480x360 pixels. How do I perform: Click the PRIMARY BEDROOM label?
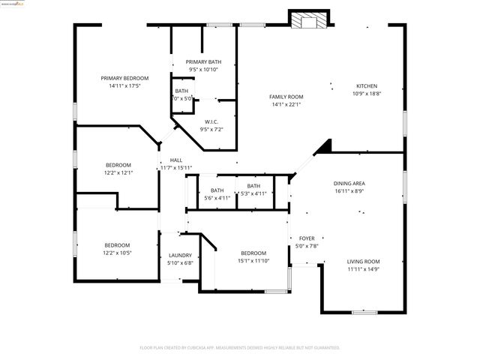coord(125,78)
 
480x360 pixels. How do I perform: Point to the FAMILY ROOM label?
coord(286,97)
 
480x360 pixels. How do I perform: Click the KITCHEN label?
coord(367,86)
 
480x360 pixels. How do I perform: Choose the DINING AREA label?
coord(349,183)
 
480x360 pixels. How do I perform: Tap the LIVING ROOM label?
coord(363,261)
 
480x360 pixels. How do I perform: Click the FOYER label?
coord(307,238)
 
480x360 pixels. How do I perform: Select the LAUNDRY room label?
coord(180,255)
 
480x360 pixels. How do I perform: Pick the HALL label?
coord(176,160)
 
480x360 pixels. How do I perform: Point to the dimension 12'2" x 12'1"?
coord(118,172)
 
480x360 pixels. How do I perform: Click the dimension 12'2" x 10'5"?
coord(117,253)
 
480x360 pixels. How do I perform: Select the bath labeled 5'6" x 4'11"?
coord(217,193)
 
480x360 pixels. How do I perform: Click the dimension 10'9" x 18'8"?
coord(367,94)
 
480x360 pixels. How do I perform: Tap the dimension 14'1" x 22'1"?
coord(286,104)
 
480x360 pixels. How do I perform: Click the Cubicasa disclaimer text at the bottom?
coord(240,348)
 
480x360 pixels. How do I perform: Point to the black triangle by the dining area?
coord(323,145)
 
